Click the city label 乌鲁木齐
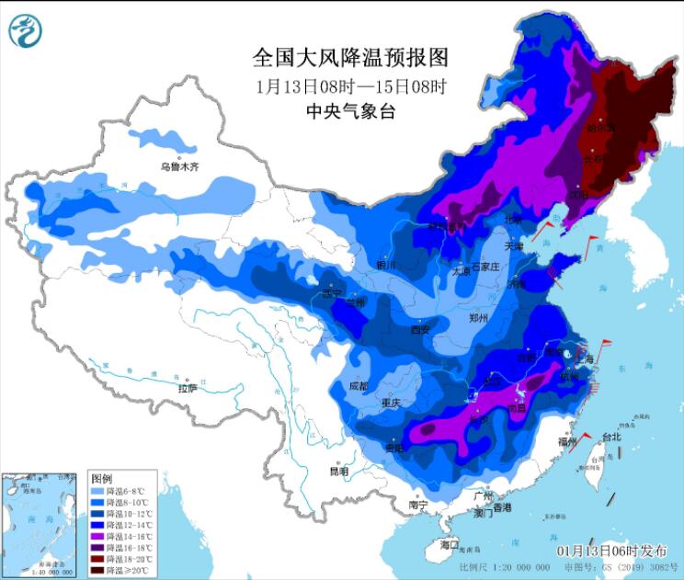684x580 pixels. pyautogui.click(x=179, y=167)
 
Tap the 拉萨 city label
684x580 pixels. pyautogui.click(x=188, y=389)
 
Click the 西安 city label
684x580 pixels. pyautogui.click(x=421, y=329)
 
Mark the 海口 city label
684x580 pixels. pyautogui.click(x=449, y=544)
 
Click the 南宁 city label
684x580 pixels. pyautogui.click(x=419, y=505)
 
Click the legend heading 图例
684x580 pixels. pyautogui.click(x=101, y=479)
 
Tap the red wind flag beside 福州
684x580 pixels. pyautogui.click(x=579, y=442)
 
